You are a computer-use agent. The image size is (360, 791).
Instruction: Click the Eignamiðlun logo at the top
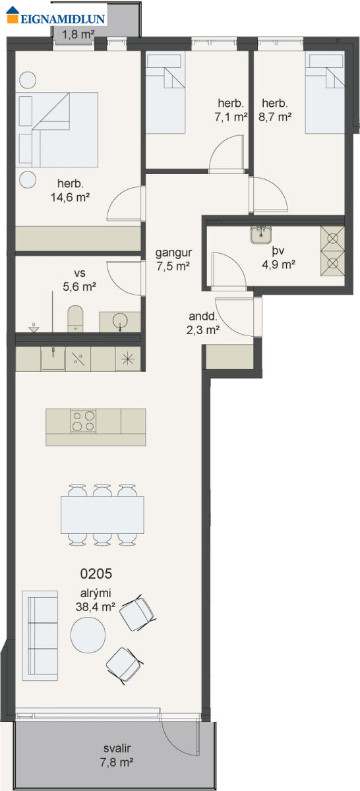(56, 16)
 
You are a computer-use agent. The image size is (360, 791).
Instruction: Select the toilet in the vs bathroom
(75, 318)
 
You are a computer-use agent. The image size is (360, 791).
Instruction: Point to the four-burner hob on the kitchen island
(83, 421)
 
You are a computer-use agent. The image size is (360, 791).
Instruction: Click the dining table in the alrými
(102, 515)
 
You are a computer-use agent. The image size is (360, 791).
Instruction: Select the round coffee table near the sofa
(88, 635)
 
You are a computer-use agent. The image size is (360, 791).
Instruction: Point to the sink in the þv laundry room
(261, 235)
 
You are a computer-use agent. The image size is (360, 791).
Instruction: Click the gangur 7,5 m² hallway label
(173, 259)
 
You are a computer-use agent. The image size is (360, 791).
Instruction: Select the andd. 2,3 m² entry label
(203, 323)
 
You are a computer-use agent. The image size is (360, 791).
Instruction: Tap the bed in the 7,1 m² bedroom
(165, 93)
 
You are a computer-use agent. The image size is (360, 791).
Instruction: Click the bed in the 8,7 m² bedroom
(324, 93)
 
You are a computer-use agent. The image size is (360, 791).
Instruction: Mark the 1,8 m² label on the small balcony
(78, 34)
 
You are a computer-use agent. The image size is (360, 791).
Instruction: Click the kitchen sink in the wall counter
(53, 358)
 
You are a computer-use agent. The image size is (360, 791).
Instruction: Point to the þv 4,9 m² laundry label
(278, 258)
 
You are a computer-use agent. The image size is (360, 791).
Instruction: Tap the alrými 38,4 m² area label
(96, 600)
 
